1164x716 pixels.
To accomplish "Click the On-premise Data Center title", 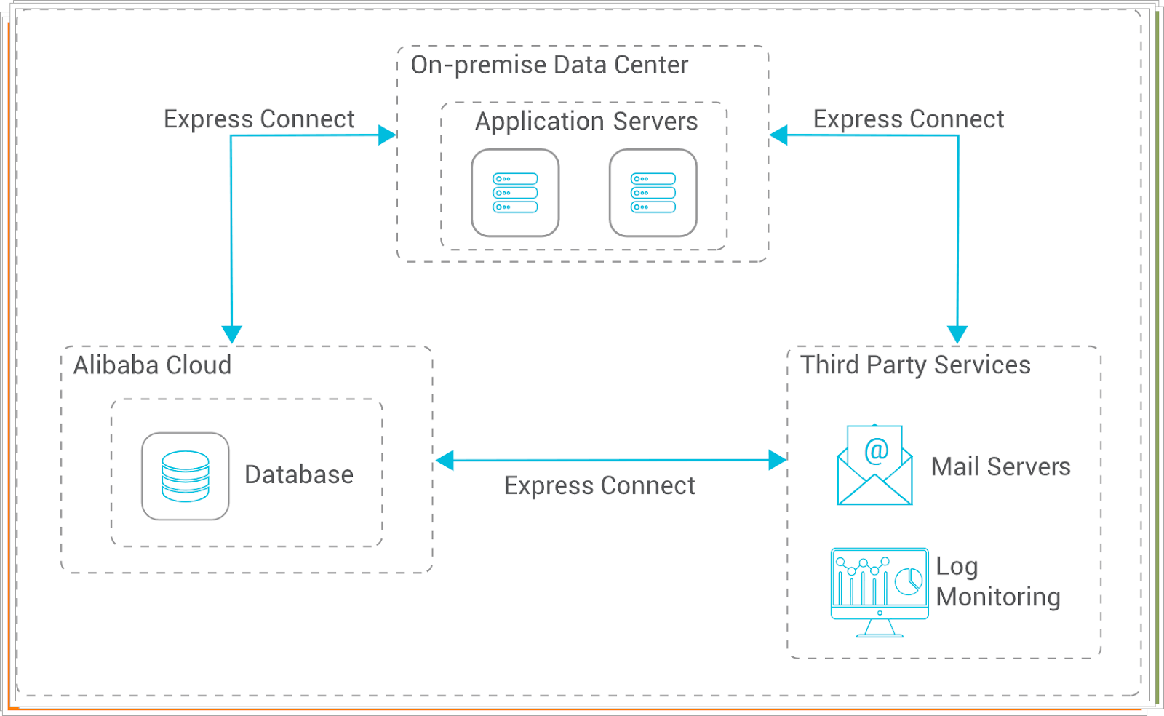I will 549,65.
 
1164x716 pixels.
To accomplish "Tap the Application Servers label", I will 586,122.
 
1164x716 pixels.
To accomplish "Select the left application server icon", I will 515,194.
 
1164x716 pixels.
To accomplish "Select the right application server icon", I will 653,194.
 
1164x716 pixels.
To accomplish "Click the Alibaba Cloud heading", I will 152,365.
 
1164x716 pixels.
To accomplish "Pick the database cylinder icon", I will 186,477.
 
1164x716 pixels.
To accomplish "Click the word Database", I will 299,475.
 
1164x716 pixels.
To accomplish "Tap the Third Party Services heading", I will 915,365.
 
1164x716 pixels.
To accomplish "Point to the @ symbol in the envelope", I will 876,451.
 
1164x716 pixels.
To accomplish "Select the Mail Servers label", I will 1000,467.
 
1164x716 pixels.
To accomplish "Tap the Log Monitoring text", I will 997,582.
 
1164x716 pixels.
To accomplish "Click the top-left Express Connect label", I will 259,119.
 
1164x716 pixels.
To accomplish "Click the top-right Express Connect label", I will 908,119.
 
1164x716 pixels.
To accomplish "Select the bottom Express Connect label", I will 599,486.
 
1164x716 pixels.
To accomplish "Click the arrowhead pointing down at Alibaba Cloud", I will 231,335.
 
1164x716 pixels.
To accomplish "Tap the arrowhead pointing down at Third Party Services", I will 957,335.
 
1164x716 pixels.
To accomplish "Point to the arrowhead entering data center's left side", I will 388,135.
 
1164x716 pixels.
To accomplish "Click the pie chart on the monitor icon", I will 908,581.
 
